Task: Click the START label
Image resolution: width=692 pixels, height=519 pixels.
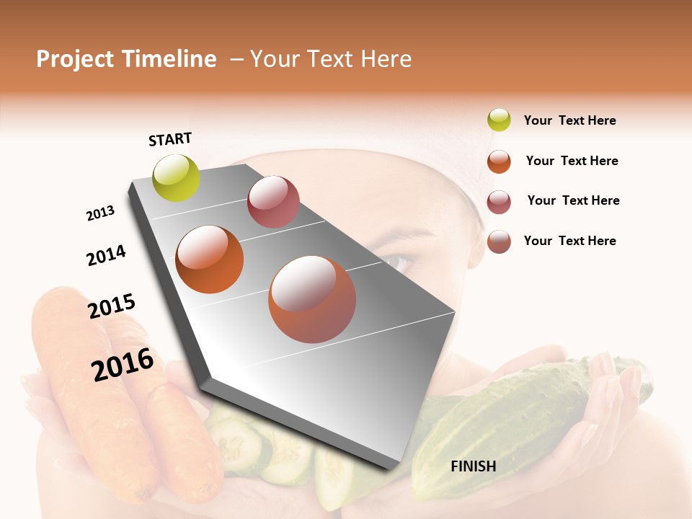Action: (x=170, y=139)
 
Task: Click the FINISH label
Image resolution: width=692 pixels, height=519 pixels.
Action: (x=473, y=466)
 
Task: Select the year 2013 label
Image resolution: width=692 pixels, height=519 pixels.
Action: (x=100, y=213)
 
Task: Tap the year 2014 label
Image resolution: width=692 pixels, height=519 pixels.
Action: (x=106, y=255)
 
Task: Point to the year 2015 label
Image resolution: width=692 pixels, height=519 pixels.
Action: (x=112, y=306)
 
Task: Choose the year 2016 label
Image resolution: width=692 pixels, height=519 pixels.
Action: (x=123, y=365)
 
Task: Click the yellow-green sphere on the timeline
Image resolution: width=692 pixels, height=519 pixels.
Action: (x=177, y=177)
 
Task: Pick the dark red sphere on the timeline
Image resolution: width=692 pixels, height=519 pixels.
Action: (x=273, y=202)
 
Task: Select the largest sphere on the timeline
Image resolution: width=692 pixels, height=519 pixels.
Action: (x=311, y=299)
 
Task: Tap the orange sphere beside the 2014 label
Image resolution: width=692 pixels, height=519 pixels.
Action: (x=210, y=259)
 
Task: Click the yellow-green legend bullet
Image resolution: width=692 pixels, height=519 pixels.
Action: (x=499, y=120)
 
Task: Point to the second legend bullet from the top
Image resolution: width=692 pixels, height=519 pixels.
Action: (x=499, y=161)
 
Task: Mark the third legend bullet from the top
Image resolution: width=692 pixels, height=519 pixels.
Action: (x=499, y=202)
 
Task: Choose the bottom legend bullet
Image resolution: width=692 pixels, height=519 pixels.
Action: (x=499, y=241)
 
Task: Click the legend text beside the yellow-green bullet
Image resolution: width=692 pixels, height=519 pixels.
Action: (x=569, y=121)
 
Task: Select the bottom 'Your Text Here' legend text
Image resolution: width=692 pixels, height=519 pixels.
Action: (x=569, y=241)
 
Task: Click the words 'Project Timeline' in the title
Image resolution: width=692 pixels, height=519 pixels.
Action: (x=126, y=59)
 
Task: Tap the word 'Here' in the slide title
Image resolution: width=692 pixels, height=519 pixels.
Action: (x=386, y=59)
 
